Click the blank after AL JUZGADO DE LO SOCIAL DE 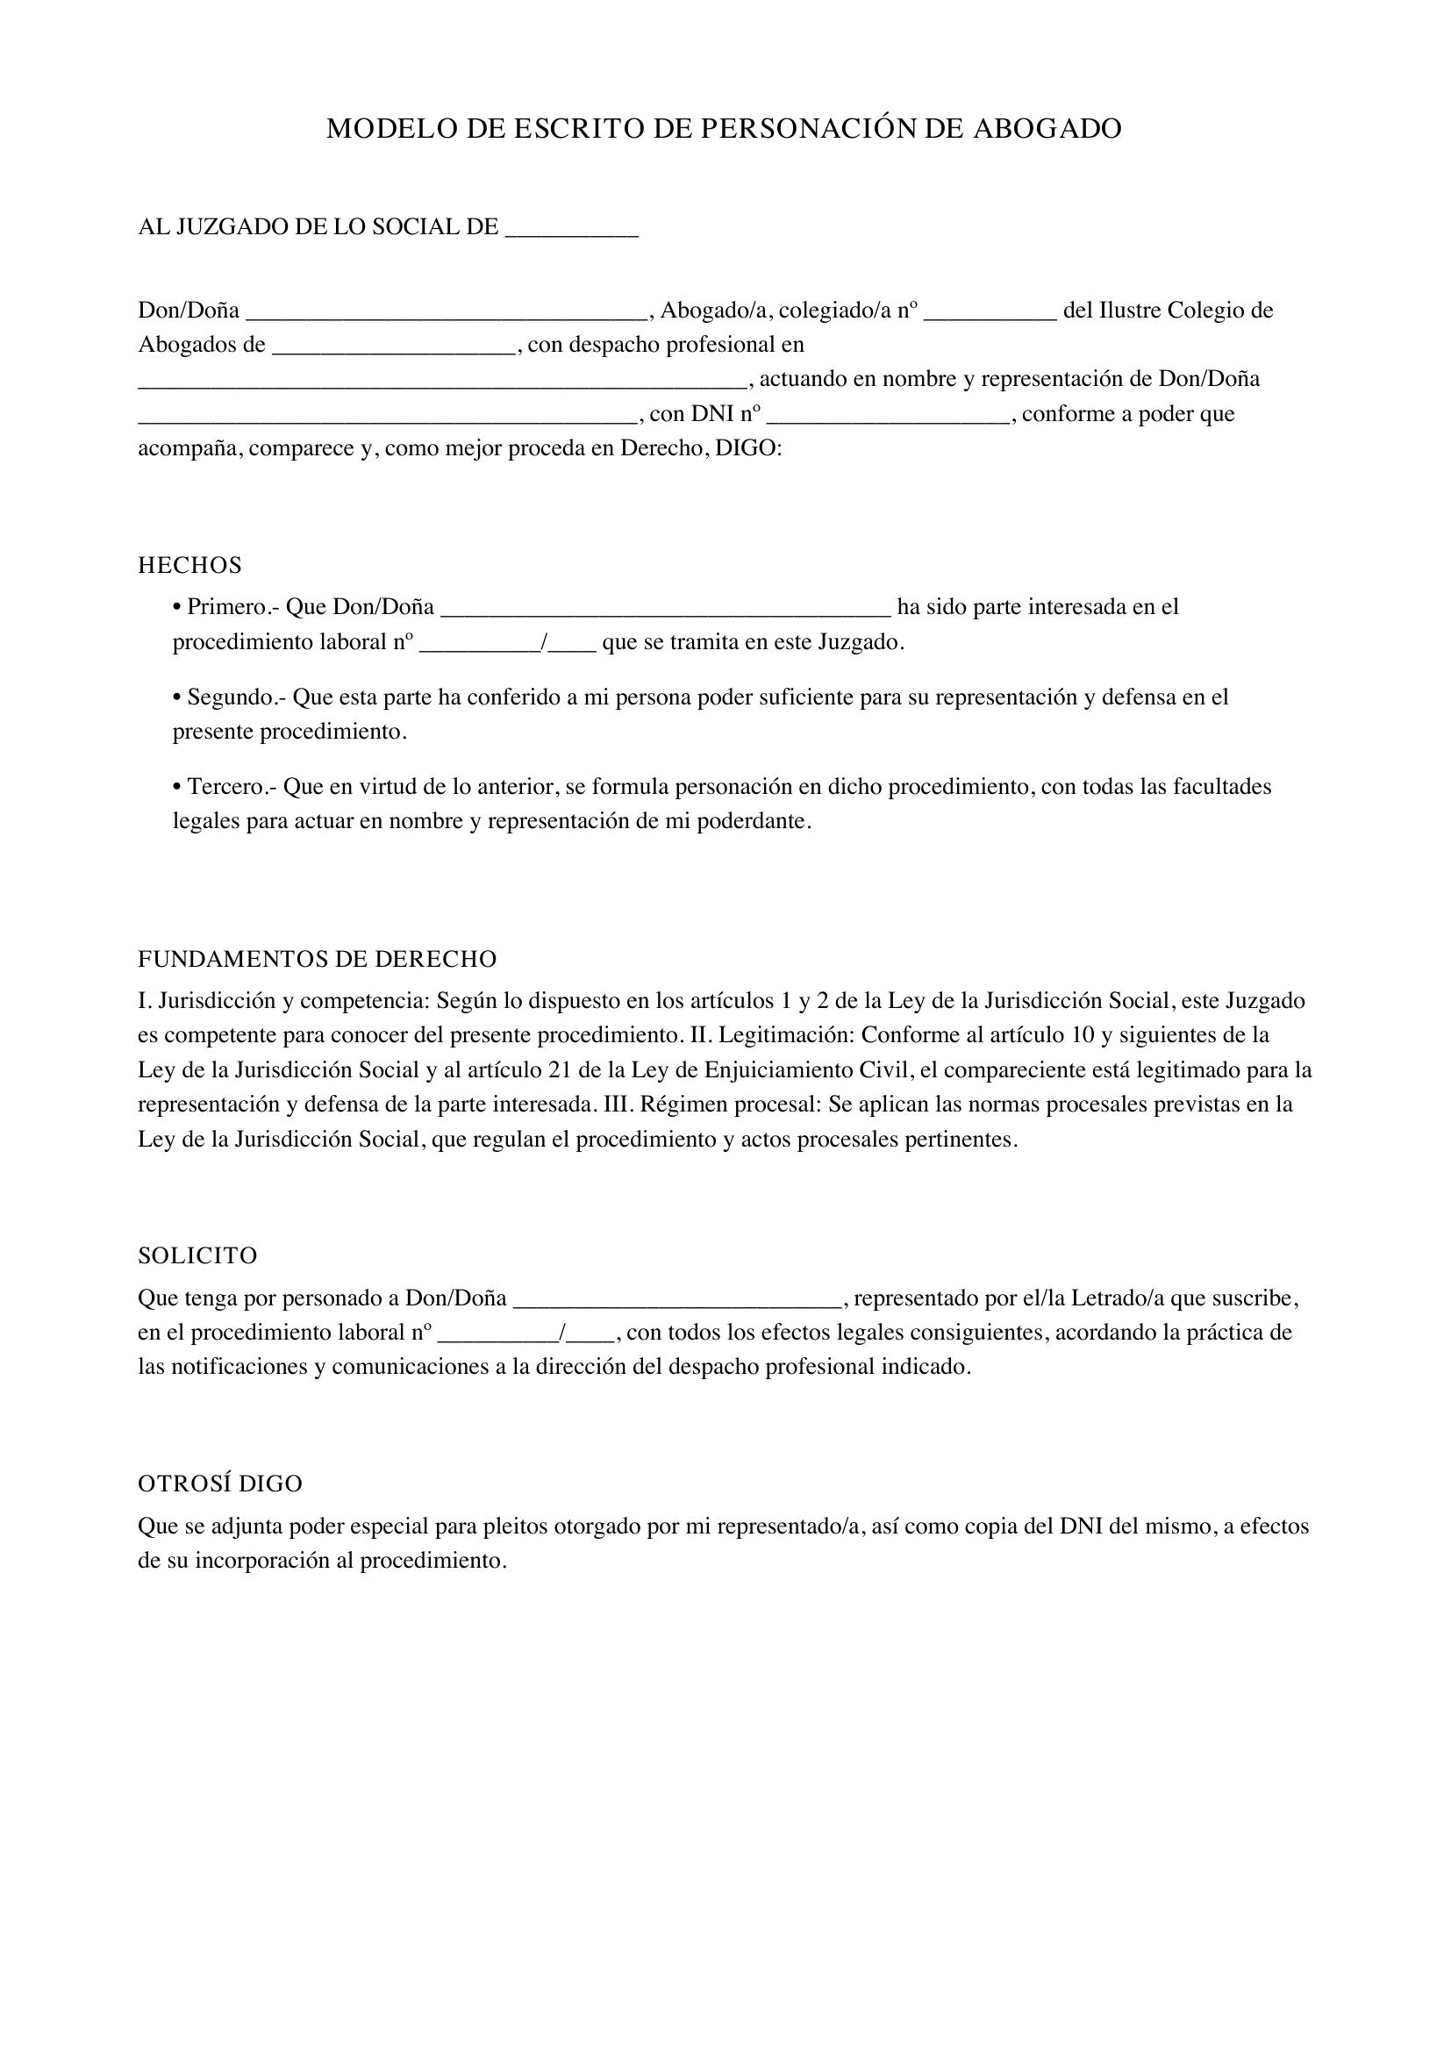click(x=572, y=229)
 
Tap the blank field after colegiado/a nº click(x=990, y=312)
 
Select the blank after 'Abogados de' click(x=394, y=347)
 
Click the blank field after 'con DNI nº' click(x=888, y=416)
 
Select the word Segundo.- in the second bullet click(x=236, y=697)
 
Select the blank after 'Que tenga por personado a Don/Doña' click(x=678, y=1299)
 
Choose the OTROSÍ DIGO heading click(x=220, y=1484)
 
